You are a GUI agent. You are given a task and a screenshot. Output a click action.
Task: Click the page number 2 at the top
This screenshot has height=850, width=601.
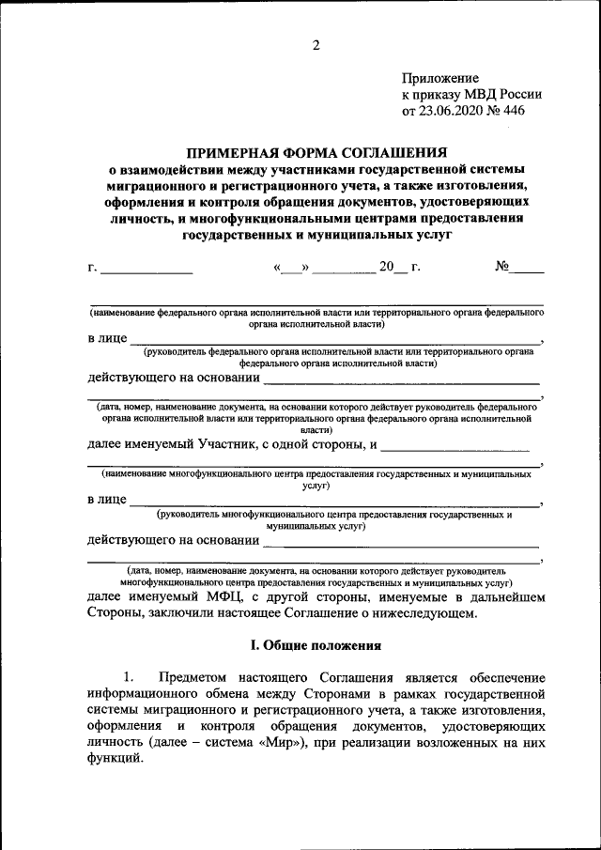tap(316, 44)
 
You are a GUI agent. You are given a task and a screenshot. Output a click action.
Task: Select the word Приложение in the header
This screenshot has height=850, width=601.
tap(440, 78)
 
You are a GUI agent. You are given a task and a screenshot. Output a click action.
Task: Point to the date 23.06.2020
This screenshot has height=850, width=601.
tap(453, 110)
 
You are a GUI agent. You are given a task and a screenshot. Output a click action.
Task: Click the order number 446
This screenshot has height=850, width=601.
tap(512, 110)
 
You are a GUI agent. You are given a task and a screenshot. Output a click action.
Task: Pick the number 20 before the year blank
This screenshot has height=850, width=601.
tap(387, 267)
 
